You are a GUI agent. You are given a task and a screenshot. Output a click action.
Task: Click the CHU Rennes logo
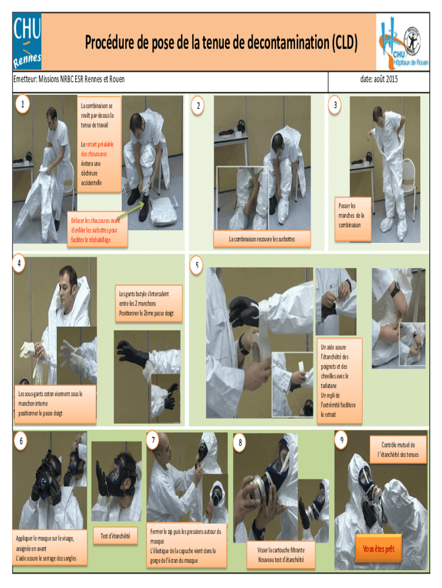(27, 41)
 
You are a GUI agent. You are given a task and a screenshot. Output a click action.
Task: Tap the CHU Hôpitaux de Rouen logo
(403, 42)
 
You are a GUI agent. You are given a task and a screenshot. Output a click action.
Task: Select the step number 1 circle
(22, 104)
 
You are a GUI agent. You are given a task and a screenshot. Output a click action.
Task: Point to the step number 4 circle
(19, 263)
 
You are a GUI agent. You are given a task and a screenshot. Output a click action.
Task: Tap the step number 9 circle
(342, 439)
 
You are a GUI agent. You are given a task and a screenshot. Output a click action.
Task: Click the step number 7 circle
(153, 439)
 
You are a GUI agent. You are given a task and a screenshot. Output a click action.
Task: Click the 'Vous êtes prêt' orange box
(379, 549)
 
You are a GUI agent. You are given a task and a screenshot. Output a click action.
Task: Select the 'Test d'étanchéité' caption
(115, 536)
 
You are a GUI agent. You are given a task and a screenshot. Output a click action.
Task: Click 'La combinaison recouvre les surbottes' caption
(262, 239)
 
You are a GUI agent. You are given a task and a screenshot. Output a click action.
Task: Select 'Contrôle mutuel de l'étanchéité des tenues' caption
(398, 450)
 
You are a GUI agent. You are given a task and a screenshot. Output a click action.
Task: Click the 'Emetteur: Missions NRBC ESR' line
(69, 79)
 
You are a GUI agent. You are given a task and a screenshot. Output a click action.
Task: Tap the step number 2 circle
(198, 106)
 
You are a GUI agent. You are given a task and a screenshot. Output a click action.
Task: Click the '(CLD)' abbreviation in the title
(344, 42)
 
